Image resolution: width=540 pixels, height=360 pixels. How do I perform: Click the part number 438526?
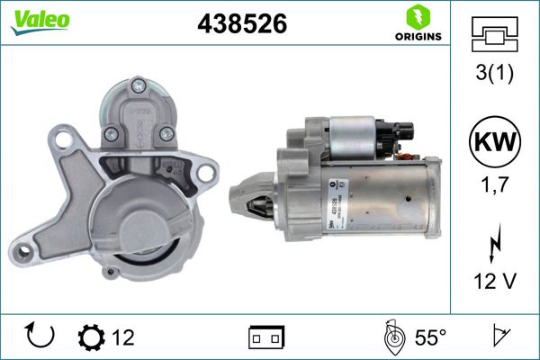pos(241,25)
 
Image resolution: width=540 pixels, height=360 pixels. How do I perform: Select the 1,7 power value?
pos(494,187)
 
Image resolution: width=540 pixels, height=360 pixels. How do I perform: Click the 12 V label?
pos(494,281)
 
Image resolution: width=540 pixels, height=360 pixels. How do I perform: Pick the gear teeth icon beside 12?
pos(91,337)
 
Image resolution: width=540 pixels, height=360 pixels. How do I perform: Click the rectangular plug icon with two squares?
pos(265,337)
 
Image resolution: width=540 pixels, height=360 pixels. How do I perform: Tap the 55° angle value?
pos(430,337)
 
